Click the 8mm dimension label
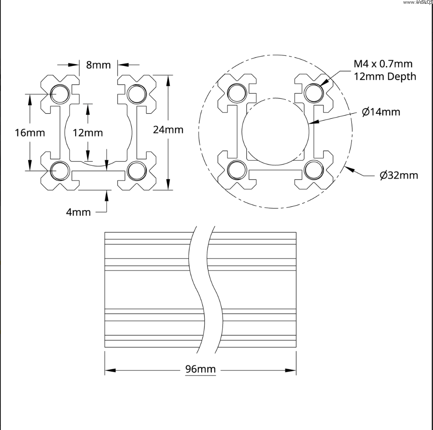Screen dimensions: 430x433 pyautogui.click(x=98, y=65)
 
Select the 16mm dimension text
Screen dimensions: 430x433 pyautogui.click(x=29, y=133)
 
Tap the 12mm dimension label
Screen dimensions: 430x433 pyautogui.click(x=87, y=133)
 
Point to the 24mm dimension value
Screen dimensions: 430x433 pyautogui.click(x=168, y=130)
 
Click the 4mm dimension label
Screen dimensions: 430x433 pyautogui.click(x=78, y=212)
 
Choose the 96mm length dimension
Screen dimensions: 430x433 pyautogui.click(x=200, y=370)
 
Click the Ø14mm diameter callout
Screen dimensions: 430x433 pyautogui.click(x=381, y=112)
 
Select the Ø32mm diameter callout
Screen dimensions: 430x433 pyautogui.click(x=399, y=175)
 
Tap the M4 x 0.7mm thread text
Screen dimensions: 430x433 pyautogui.click(x=383, y=64)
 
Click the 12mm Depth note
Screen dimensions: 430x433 pyautogui.click(x=385, y=76)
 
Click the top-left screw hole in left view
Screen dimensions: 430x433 pyautogui.click(x=60, y=94)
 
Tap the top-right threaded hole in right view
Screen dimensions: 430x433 pyautogui.click(x=313, y=93)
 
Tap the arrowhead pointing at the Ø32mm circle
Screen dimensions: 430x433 pyautogui.click(x=349, y=169)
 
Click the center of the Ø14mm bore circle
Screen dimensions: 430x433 pyautogui.click(x=275, y=131)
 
